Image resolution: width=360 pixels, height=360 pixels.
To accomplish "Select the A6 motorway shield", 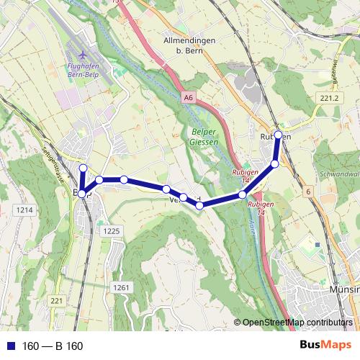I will click(188, 96).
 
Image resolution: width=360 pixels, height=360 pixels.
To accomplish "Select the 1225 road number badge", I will click(111, 230).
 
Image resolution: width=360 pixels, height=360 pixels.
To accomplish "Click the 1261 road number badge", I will click(120, 287).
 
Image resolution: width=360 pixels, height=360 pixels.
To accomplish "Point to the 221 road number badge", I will click(57, 300).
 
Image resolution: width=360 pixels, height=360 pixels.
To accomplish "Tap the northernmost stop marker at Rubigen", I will click(279, 135).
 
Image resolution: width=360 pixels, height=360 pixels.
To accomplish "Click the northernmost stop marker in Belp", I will click(82, 168).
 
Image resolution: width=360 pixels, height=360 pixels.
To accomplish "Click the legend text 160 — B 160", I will click(53, 346).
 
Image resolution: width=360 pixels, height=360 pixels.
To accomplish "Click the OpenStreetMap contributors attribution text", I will click(297, 323).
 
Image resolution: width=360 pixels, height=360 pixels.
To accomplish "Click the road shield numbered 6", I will click(307, 192).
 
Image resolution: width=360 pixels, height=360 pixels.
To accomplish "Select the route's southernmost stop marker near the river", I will click(199, 205).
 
